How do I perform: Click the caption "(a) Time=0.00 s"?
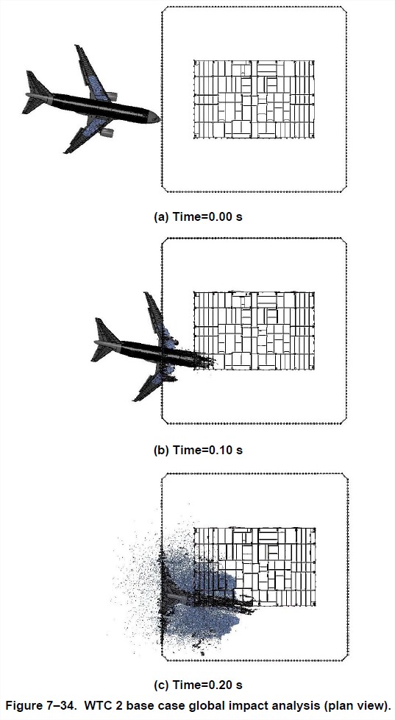click(x=198, y=217)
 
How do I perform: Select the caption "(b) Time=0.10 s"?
click(x=198, y=451)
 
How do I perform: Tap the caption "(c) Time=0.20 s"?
click(x=198, y=685)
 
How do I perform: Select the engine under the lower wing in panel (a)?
click(x=107, y=133)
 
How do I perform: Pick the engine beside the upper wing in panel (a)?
click(x=112, y=96)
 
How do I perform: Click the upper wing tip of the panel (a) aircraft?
click(x=77, y=47)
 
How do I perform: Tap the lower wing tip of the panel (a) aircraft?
click(x=67, y=150)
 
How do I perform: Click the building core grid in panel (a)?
click(x=254, y=99)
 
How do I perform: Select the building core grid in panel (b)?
click(x=254, y=331)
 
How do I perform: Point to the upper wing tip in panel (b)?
click(x=147, y=294)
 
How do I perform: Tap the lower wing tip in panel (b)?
click(x=137, y=398)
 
